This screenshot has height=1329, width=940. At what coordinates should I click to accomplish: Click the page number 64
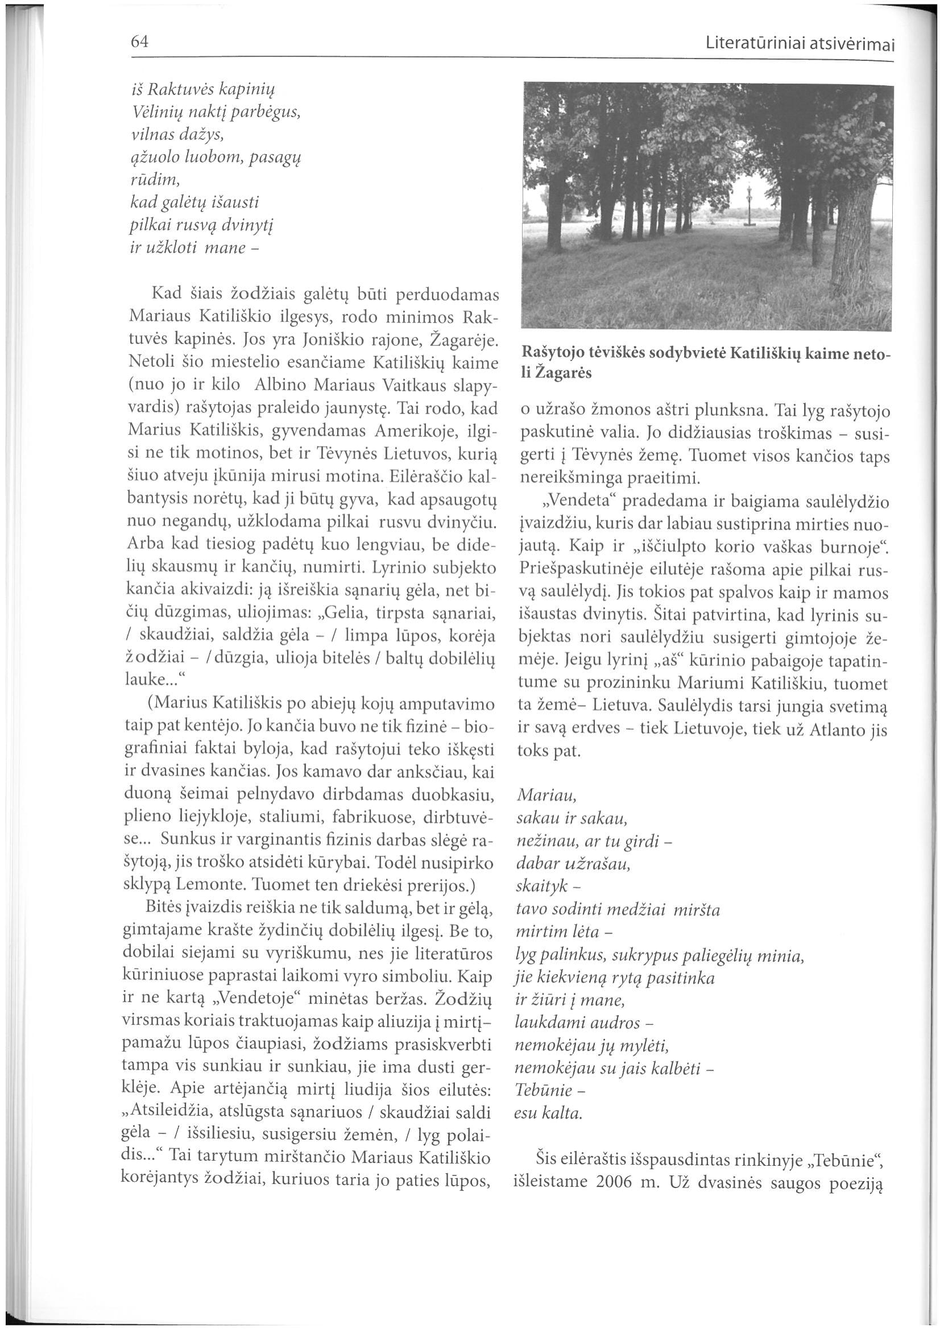click(140, 42)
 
